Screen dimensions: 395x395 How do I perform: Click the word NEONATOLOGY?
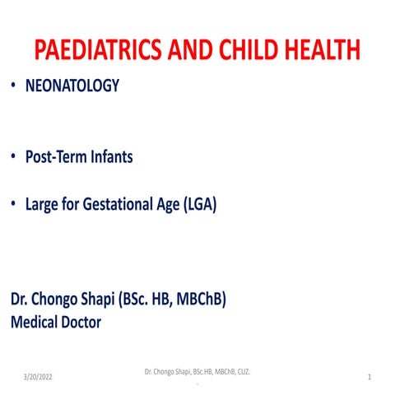pos(72,85)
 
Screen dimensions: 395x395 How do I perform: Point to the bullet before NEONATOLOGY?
pos(13,85)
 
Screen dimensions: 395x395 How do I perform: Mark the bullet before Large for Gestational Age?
pos(13,205)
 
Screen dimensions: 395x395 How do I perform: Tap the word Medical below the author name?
pos(34,322)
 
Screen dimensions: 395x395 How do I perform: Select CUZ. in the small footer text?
pos(242,373)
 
